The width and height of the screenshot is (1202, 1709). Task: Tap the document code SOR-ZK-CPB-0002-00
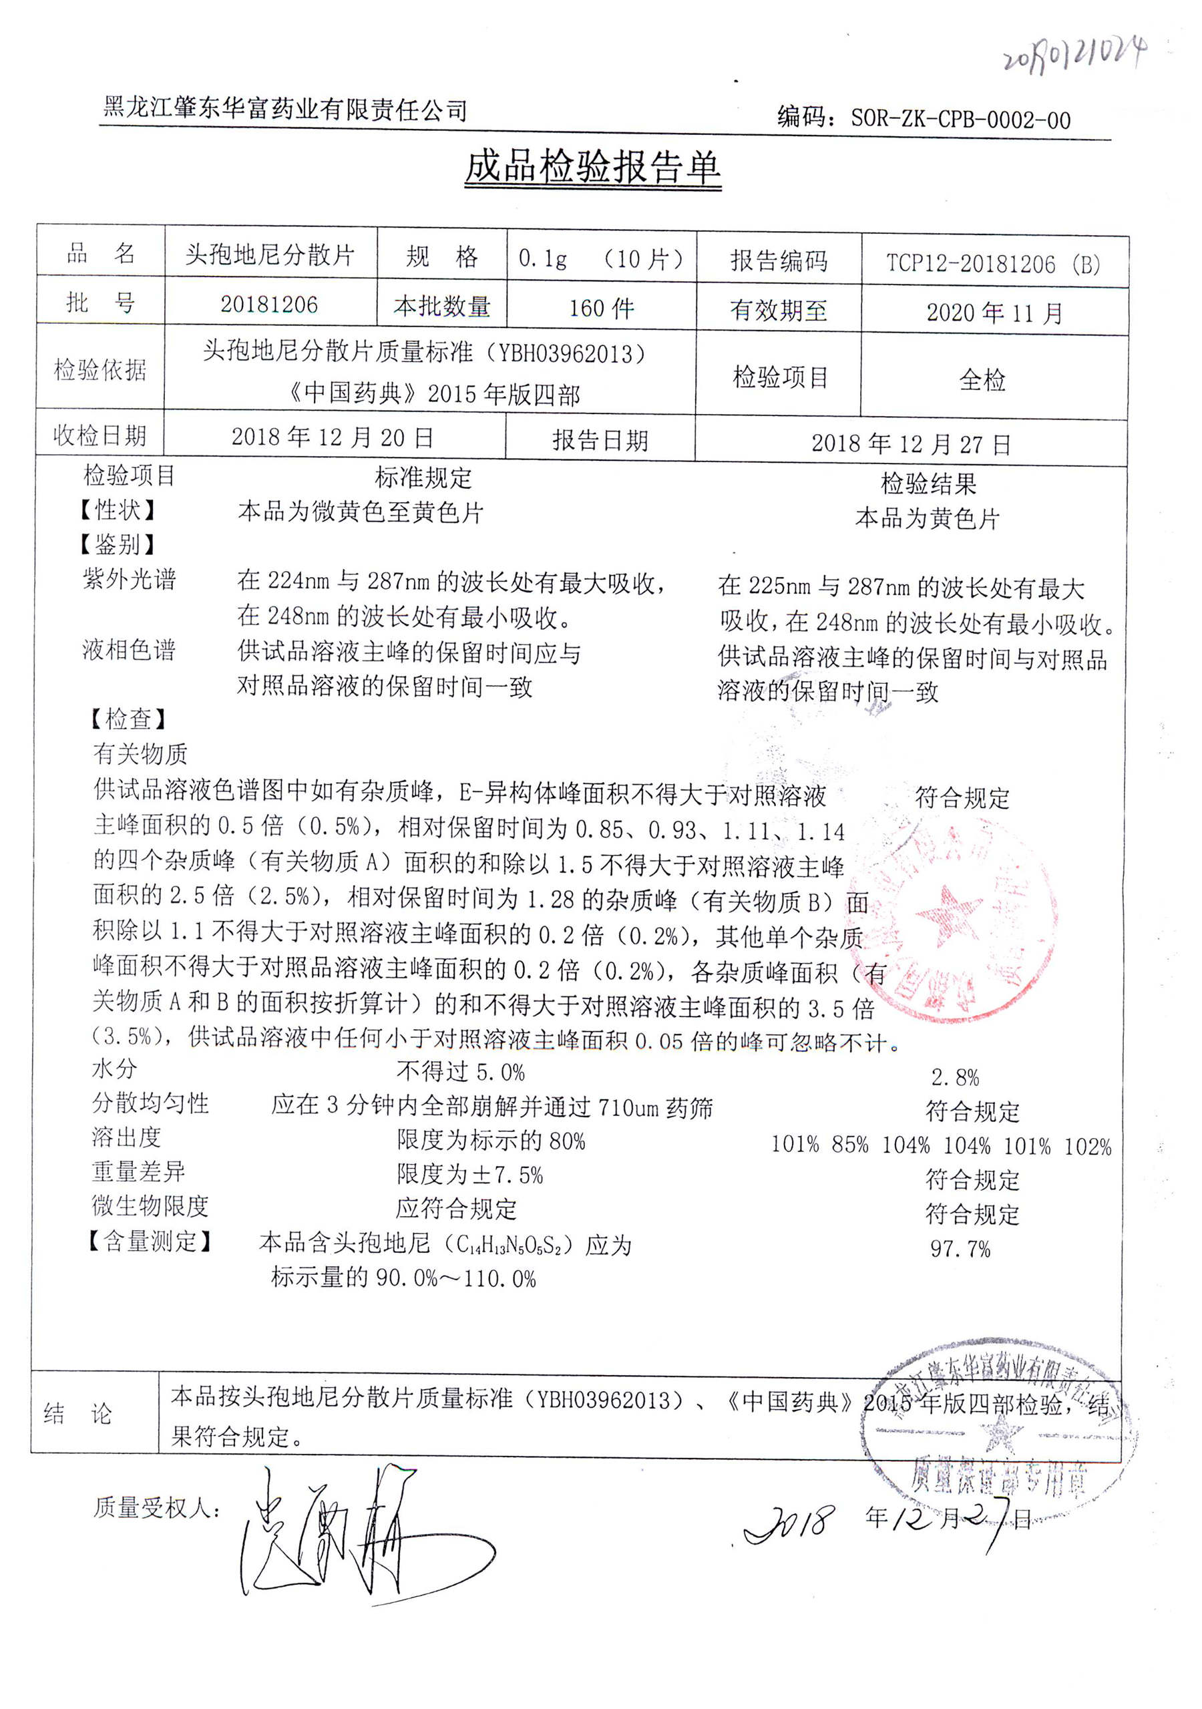click(x=960, y=119)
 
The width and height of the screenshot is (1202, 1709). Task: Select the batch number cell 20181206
click(x=268, y=305)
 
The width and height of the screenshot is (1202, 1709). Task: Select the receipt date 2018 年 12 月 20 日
click(x=332, y=437)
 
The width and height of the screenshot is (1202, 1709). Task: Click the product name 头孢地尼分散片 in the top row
click(x=269, y=254)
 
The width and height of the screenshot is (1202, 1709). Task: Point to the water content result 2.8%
click(x=954, y=1077)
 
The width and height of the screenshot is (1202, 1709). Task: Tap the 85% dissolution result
click(x=850, y=1144)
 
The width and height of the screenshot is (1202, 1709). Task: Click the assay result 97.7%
click(x=960, y=1248)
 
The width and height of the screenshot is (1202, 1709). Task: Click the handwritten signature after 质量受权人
click(x=350, y=1533)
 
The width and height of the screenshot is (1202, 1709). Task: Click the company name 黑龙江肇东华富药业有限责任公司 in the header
click(x=285, y=110)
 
